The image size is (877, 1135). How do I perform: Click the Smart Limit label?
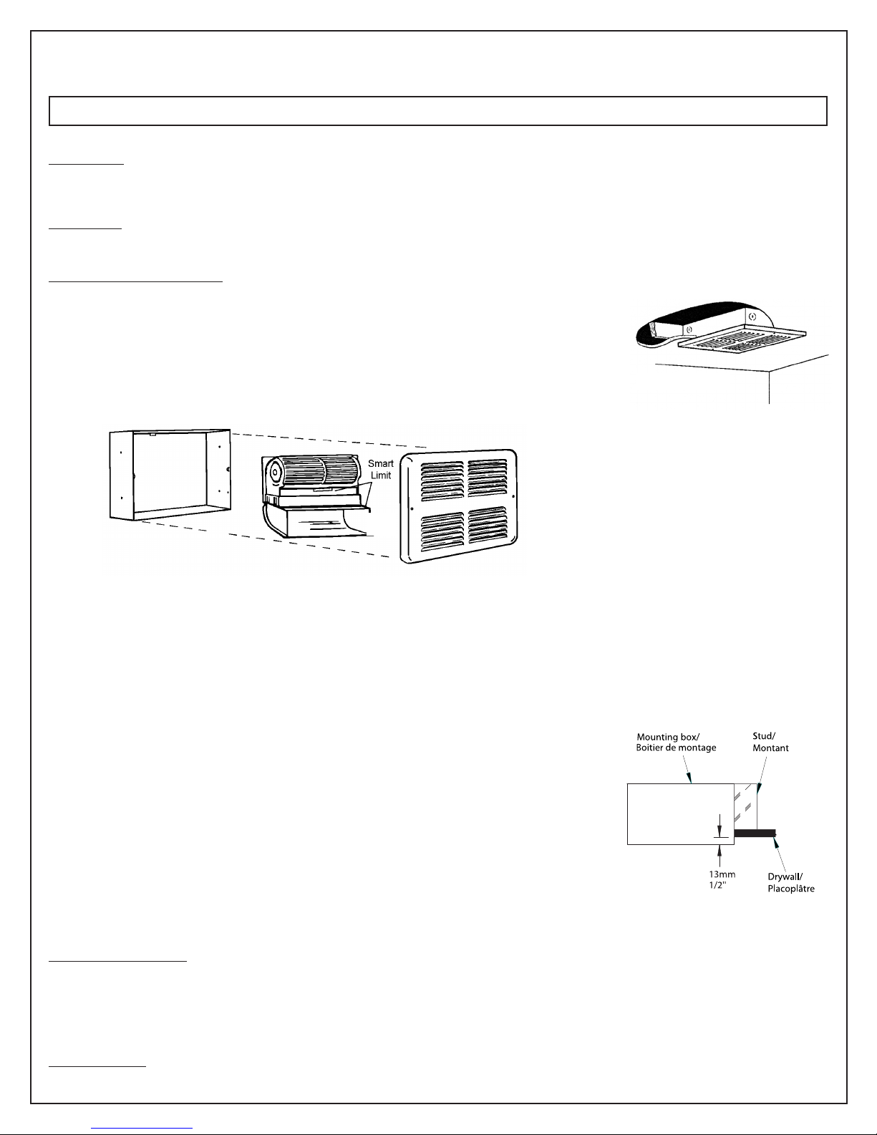(x=381, y=470)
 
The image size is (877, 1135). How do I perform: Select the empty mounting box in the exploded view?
(x=170, y=473)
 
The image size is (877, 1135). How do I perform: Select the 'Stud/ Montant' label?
(x=770, y=741)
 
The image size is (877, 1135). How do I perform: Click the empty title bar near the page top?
(x=437, y=111)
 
